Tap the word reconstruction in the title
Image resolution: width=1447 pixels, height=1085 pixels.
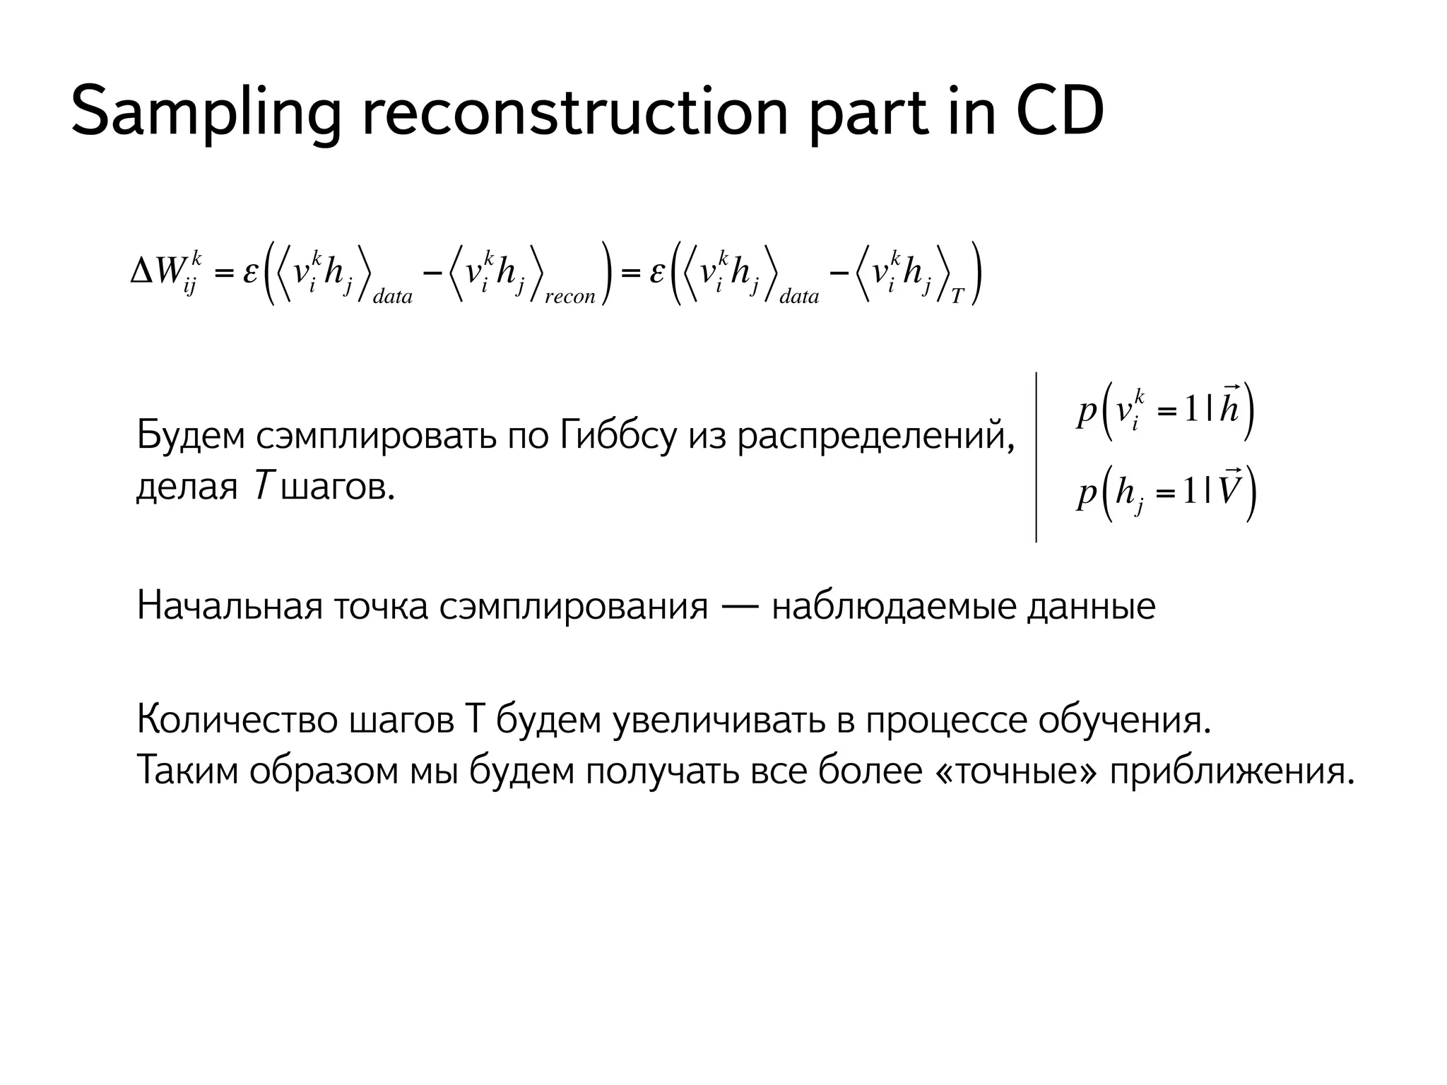click(x=574, y=112)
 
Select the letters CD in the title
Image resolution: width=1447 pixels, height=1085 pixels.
click(x=1059, y=112)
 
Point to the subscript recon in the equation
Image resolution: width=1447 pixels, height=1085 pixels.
click(x=570, y=297)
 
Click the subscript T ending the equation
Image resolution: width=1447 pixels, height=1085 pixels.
click(x=957, y=297)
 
